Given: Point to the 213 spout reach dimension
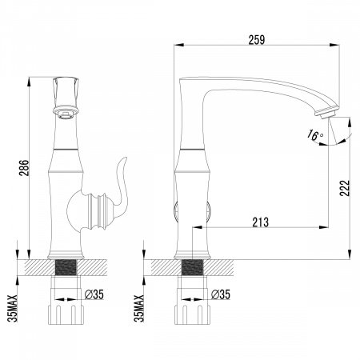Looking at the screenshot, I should click(x=258, y=222).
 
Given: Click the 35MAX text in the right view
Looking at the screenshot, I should click(x=141, y=299).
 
